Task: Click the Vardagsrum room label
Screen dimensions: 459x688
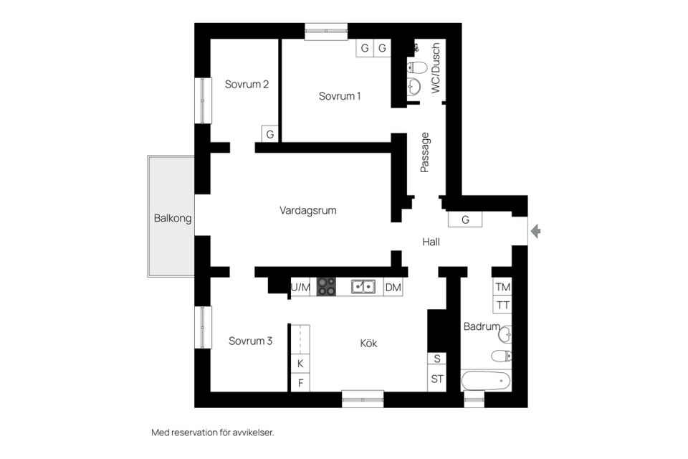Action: [307, 211]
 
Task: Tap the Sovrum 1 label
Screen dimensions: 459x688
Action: [340, 96]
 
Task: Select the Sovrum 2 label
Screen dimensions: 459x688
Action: [247, 84]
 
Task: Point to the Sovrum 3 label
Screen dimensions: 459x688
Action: [250, 341]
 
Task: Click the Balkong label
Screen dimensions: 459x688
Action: [173, 219]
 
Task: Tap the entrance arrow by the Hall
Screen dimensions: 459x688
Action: [535, 231]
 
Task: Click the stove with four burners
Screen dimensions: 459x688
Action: [326, 287]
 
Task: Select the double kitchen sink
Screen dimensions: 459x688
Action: [364, 287]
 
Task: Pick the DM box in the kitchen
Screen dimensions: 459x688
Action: [393, 288]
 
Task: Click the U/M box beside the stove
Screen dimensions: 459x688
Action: [301, 288]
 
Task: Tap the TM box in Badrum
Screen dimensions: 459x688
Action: [503, 287]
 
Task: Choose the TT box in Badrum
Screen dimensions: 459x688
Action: [503, 305]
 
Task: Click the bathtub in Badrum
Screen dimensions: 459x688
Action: [486, 380]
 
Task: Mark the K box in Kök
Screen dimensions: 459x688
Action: [300, 364]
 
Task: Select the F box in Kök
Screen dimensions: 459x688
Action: [300, 382]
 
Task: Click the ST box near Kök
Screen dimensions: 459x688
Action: [436, 379]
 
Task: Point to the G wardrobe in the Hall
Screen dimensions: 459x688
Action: [466, 219]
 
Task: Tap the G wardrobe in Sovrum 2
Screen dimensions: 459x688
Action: [270, 134]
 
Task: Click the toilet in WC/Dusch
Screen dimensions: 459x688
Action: [417, 68]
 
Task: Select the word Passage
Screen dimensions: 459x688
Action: [425, 152]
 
